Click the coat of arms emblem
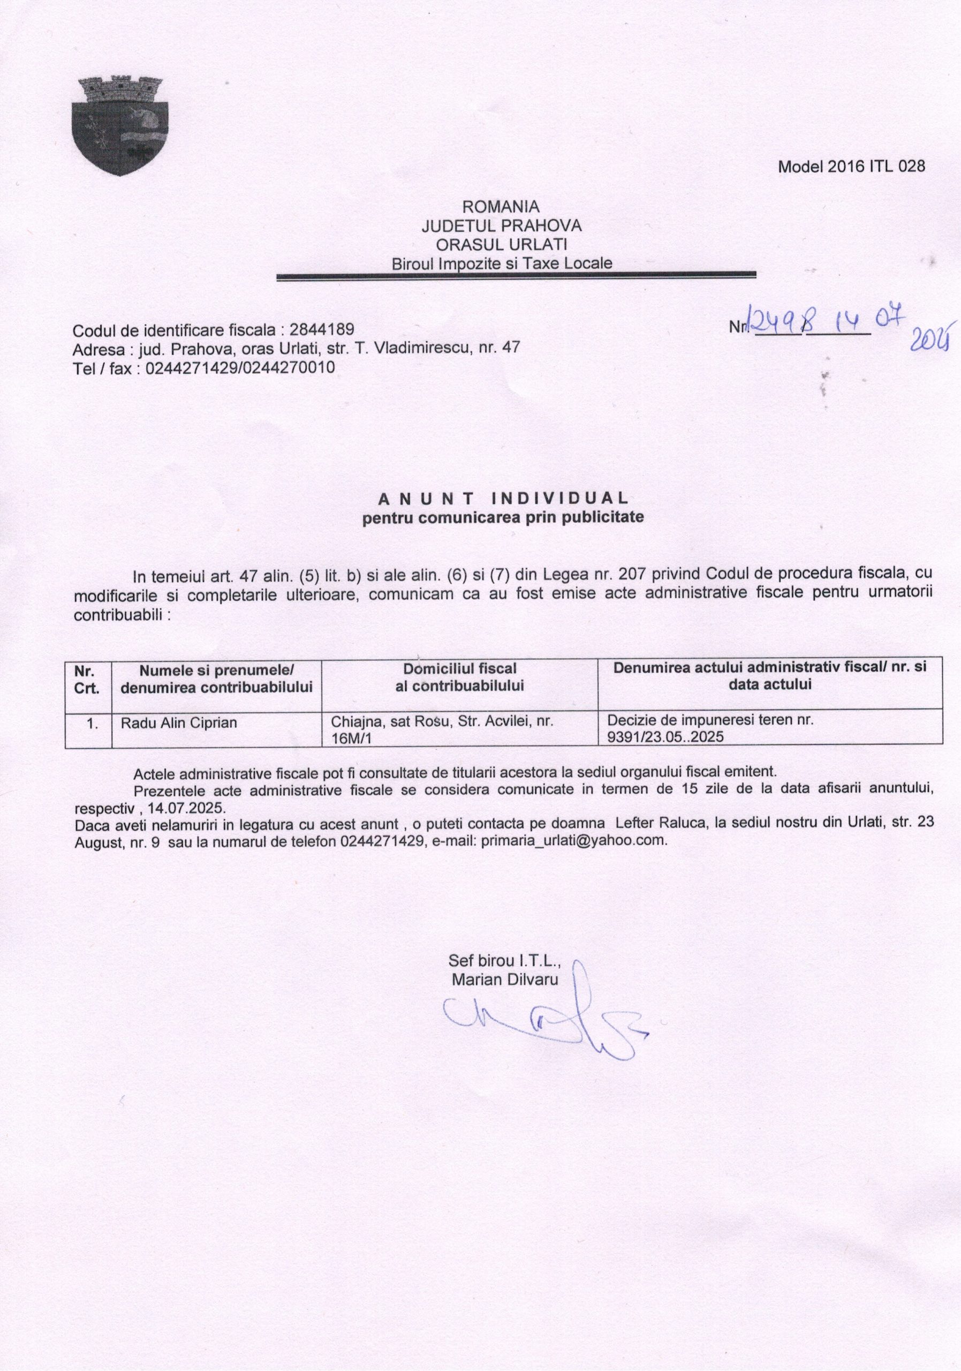[119, 126]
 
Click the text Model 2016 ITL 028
[851, 167]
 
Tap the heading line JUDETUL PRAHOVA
[502, 225]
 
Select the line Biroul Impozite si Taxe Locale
[502, 263]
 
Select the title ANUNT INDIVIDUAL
[503, 498]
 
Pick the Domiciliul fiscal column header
[459, 676]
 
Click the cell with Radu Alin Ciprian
[179, 722]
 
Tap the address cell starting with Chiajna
[442, 729]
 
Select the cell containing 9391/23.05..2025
[710, 728]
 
